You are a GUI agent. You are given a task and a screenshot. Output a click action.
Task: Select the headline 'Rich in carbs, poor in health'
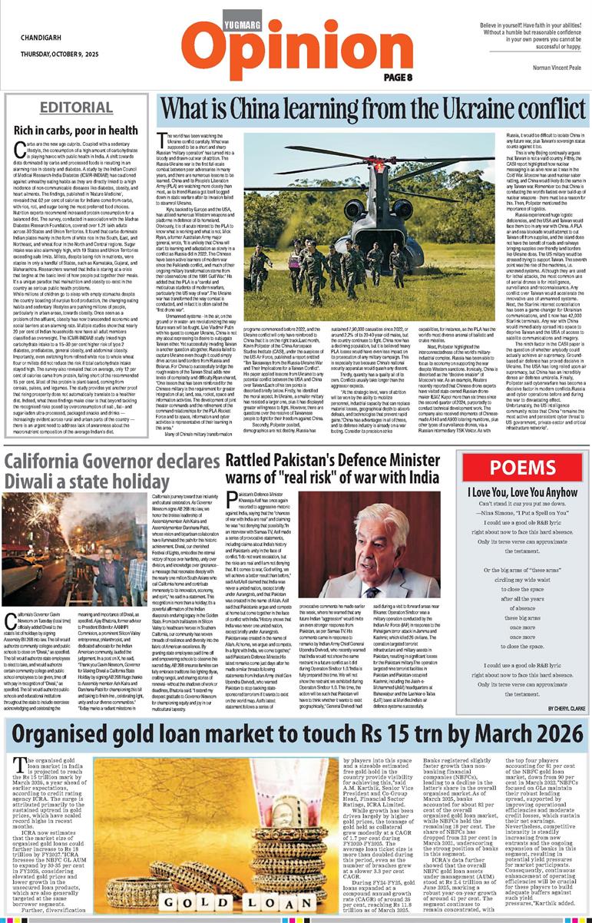(75, 131)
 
